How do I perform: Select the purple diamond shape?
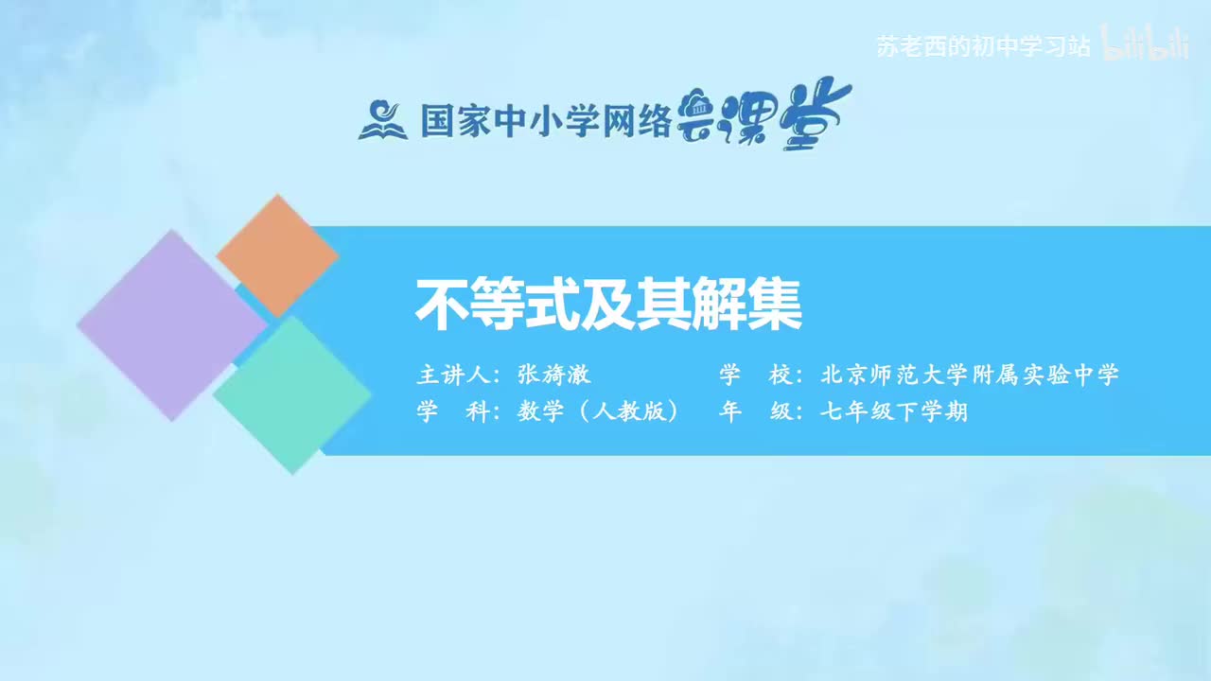(171, 324)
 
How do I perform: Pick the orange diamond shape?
(277, 255)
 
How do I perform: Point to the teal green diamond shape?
(292, 394)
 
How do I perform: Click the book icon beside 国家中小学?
(383, 121)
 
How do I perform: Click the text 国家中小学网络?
(546, 121)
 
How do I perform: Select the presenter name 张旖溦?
(554, 375)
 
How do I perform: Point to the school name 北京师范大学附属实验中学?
(970, 375)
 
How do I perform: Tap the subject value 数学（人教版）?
(599, 412)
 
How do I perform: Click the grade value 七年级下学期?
(894, 412)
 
